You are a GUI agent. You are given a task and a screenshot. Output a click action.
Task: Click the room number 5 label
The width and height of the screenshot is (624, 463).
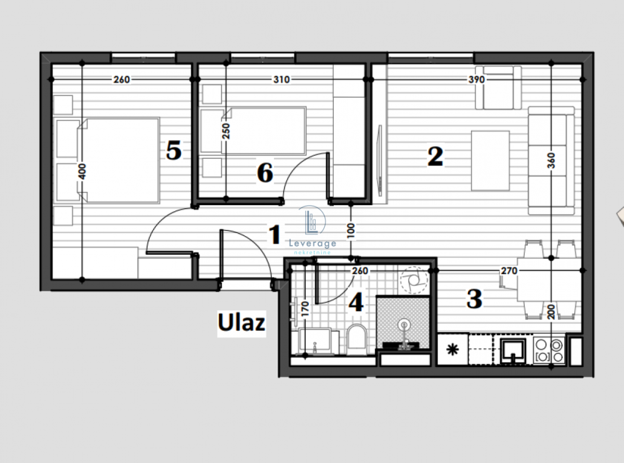(x=173, y=150)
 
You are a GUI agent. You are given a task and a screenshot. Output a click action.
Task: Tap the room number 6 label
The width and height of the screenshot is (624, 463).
(x=265, y=173)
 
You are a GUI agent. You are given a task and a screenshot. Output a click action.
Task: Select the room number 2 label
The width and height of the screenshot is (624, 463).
(x=435, y=156)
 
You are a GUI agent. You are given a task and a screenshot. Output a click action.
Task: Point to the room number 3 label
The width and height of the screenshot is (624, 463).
(x=474, y=299)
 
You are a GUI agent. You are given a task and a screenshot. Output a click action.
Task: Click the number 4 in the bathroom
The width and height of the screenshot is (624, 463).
(x=356, y=303)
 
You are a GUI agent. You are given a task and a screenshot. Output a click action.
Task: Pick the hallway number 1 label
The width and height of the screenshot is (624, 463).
(x=273, y=236)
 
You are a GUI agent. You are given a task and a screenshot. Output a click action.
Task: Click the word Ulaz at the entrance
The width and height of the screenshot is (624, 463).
(x=241, y=323)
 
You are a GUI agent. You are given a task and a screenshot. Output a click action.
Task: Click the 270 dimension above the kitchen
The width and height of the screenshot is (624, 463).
(x=509, y=271)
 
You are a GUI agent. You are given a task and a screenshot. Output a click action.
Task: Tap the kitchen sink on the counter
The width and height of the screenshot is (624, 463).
(x=513, y=351)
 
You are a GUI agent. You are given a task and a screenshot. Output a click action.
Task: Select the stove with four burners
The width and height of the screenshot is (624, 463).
(x=549, y=351)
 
